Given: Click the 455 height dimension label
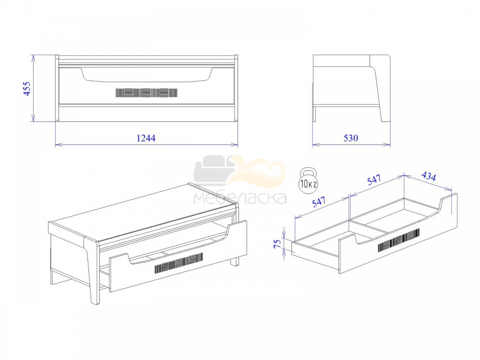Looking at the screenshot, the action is point(27,89).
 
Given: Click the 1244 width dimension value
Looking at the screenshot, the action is point(146,138).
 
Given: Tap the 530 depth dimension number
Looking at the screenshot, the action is point(350,138).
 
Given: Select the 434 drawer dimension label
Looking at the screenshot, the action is point(429,176).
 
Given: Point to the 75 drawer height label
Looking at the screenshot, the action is point(277,243).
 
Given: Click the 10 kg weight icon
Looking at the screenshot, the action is point(308,180).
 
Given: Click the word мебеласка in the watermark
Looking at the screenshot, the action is point(240,198).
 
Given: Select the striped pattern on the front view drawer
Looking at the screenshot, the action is point(146,93).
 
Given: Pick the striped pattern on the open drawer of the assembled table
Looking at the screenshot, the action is point(179,263).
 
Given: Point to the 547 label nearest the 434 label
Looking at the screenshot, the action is point(374,180).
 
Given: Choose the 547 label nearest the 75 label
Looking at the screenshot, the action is point(319,202).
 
